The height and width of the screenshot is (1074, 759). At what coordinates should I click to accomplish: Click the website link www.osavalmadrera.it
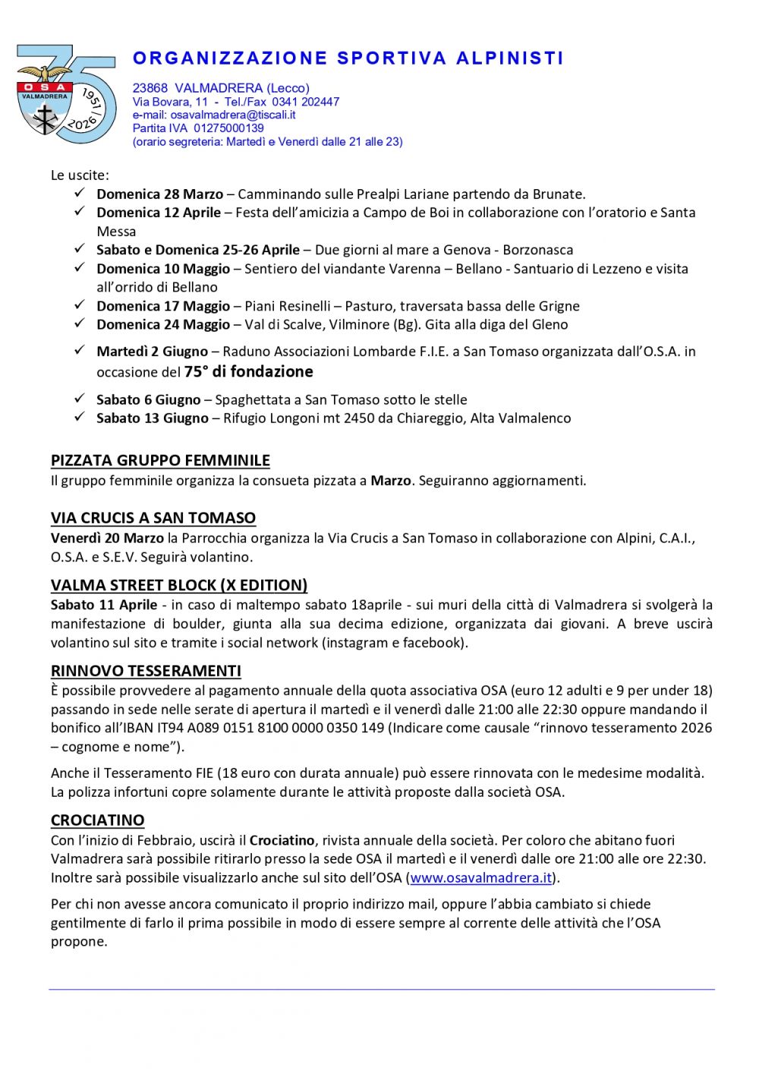point(480,878)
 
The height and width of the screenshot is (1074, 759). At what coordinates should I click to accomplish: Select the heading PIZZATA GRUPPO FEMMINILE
point(160,460)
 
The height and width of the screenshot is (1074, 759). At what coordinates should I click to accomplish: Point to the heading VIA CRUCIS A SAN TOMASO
point(153,518)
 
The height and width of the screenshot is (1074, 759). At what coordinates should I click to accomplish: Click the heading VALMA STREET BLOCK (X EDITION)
point(179,585)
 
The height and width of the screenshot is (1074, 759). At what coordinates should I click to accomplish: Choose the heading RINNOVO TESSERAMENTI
point(146,671)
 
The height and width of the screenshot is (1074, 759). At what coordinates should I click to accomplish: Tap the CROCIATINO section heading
point(97,820)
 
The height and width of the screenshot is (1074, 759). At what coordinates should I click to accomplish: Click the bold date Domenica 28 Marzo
point(159,194)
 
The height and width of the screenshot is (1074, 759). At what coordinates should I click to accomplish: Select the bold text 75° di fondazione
point(248,371)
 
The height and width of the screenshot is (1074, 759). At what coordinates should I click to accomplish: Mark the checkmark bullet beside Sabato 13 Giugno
point(79,417)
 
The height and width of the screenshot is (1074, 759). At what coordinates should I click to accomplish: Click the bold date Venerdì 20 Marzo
point(107,538)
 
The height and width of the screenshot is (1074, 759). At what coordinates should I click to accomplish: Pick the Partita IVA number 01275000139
point(228,128)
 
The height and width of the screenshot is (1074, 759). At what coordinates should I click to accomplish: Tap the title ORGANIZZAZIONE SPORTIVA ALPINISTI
point(348,58)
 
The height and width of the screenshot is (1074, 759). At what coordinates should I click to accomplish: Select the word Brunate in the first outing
point(559,194)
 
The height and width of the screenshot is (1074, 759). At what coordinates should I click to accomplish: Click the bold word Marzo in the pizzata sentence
point(390,481)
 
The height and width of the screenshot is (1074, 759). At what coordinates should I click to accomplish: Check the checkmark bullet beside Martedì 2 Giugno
point(79,350)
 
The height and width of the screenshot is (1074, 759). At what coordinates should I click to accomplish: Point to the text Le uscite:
point(80,175)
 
